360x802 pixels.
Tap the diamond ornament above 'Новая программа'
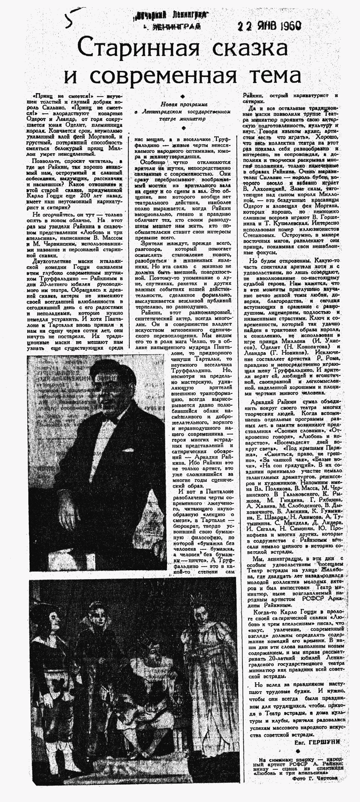click(183, 96)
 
